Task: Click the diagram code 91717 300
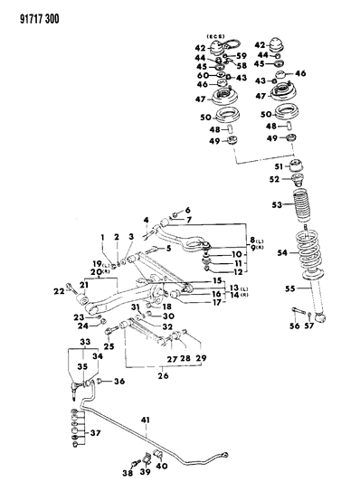[40, 19]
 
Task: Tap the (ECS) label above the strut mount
[215, 36]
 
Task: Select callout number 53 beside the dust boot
[277, 204]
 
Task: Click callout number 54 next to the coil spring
[282, 252]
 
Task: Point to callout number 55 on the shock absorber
[290, 288]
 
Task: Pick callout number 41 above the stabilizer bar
[146, 420]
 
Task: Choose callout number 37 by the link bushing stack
[95, 433]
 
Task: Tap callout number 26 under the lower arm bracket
[163, 375]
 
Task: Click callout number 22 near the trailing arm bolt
[59, 291]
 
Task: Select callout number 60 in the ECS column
[203, 75]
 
